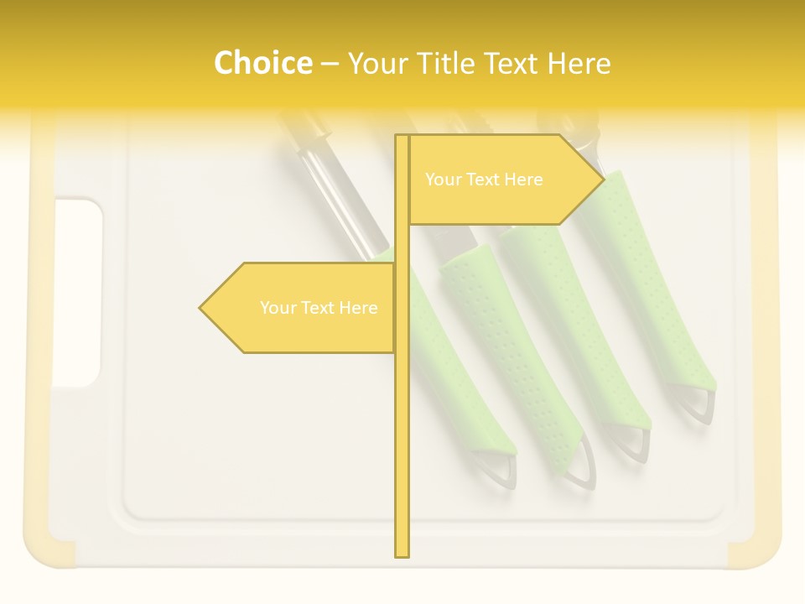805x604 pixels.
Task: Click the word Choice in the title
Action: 262,63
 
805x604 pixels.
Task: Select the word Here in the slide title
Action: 578,63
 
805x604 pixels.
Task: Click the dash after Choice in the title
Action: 330,64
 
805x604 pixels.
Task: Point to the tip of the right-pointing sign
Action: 602,178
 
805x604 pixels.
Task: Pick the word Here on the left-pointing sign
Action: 358,308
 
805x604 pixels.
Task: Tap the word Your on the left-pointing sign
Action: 278,308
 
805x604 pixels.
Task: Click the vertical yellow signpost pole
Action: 402,419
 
